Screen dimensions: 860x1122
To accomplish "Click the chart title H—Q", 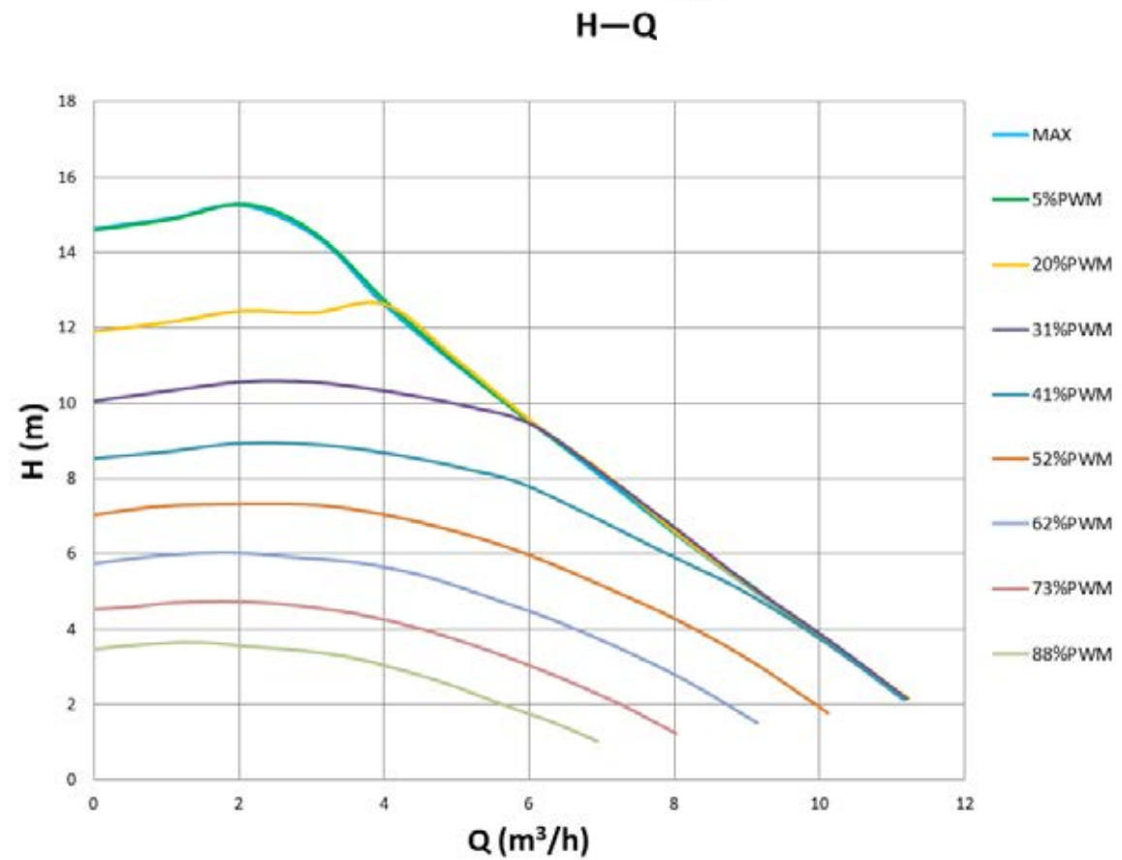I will (x=615, y=26).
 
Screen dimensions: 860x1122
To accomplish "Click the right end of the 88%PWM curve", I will (x=597, y=741).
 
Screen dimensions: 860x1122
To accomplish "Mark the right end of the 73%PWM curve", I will (x=675, y=734).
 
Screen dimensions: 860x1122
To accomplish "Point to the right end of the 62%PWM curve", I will (x=757, y=722).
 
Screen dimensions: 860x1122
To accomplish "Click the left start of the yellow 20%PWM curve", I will (x=94, y=331).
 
